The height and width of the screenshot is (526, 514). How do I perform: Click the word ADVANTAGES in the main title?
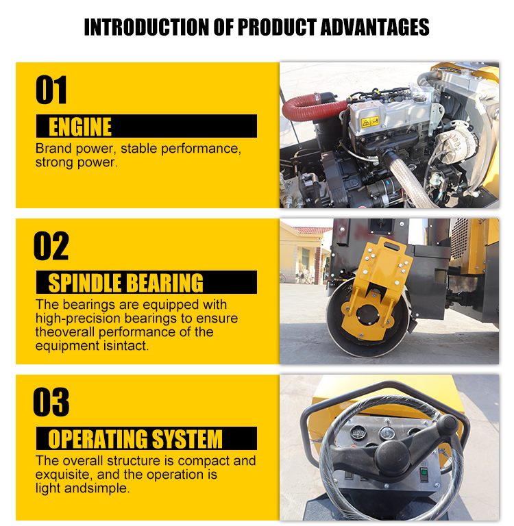pyautogui.click(x=375, y=27)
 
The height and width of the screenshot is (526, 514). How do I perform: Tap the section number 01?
pyautogui.click(x=51, y=90)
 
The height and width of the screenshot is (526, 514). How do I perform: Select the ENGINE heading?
pyautogui.click(x=80, y=127)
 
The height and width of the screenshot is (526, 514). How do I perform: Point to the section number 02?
pyautogui.click(x=51, y=246)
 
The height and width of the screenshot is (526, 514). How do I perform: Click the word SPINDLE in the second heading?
pyautogui.click(x=84, y=283)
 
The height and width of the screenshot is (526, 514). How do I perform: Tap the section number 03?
pyautogui.click(x=51, y=402)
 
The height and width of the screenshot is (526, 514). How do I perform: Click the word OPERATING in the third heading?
pyautogui.click(x=97, y=439)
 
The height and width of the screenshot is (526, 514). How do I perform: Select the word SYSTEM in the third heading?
pyautogui.click(x=187, y=439)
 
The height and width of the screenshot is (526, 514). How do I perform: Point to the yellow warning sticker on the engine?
pyautogui.click(x=369, y=122)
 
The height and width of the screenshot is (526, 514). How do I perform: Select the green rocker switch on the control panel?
pyautogui.click(x=424, y=475)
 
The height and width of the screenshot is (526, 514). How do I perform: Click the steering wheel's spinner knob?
pyautogui.click(x=447, y=425)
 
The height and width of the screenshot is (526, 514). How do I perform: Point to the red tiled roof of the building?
pyautogui.click(x=313, y=230)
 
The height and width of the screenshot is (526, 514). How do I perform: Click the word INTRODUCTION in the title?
pyautogui.click(x=147, y=27)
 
